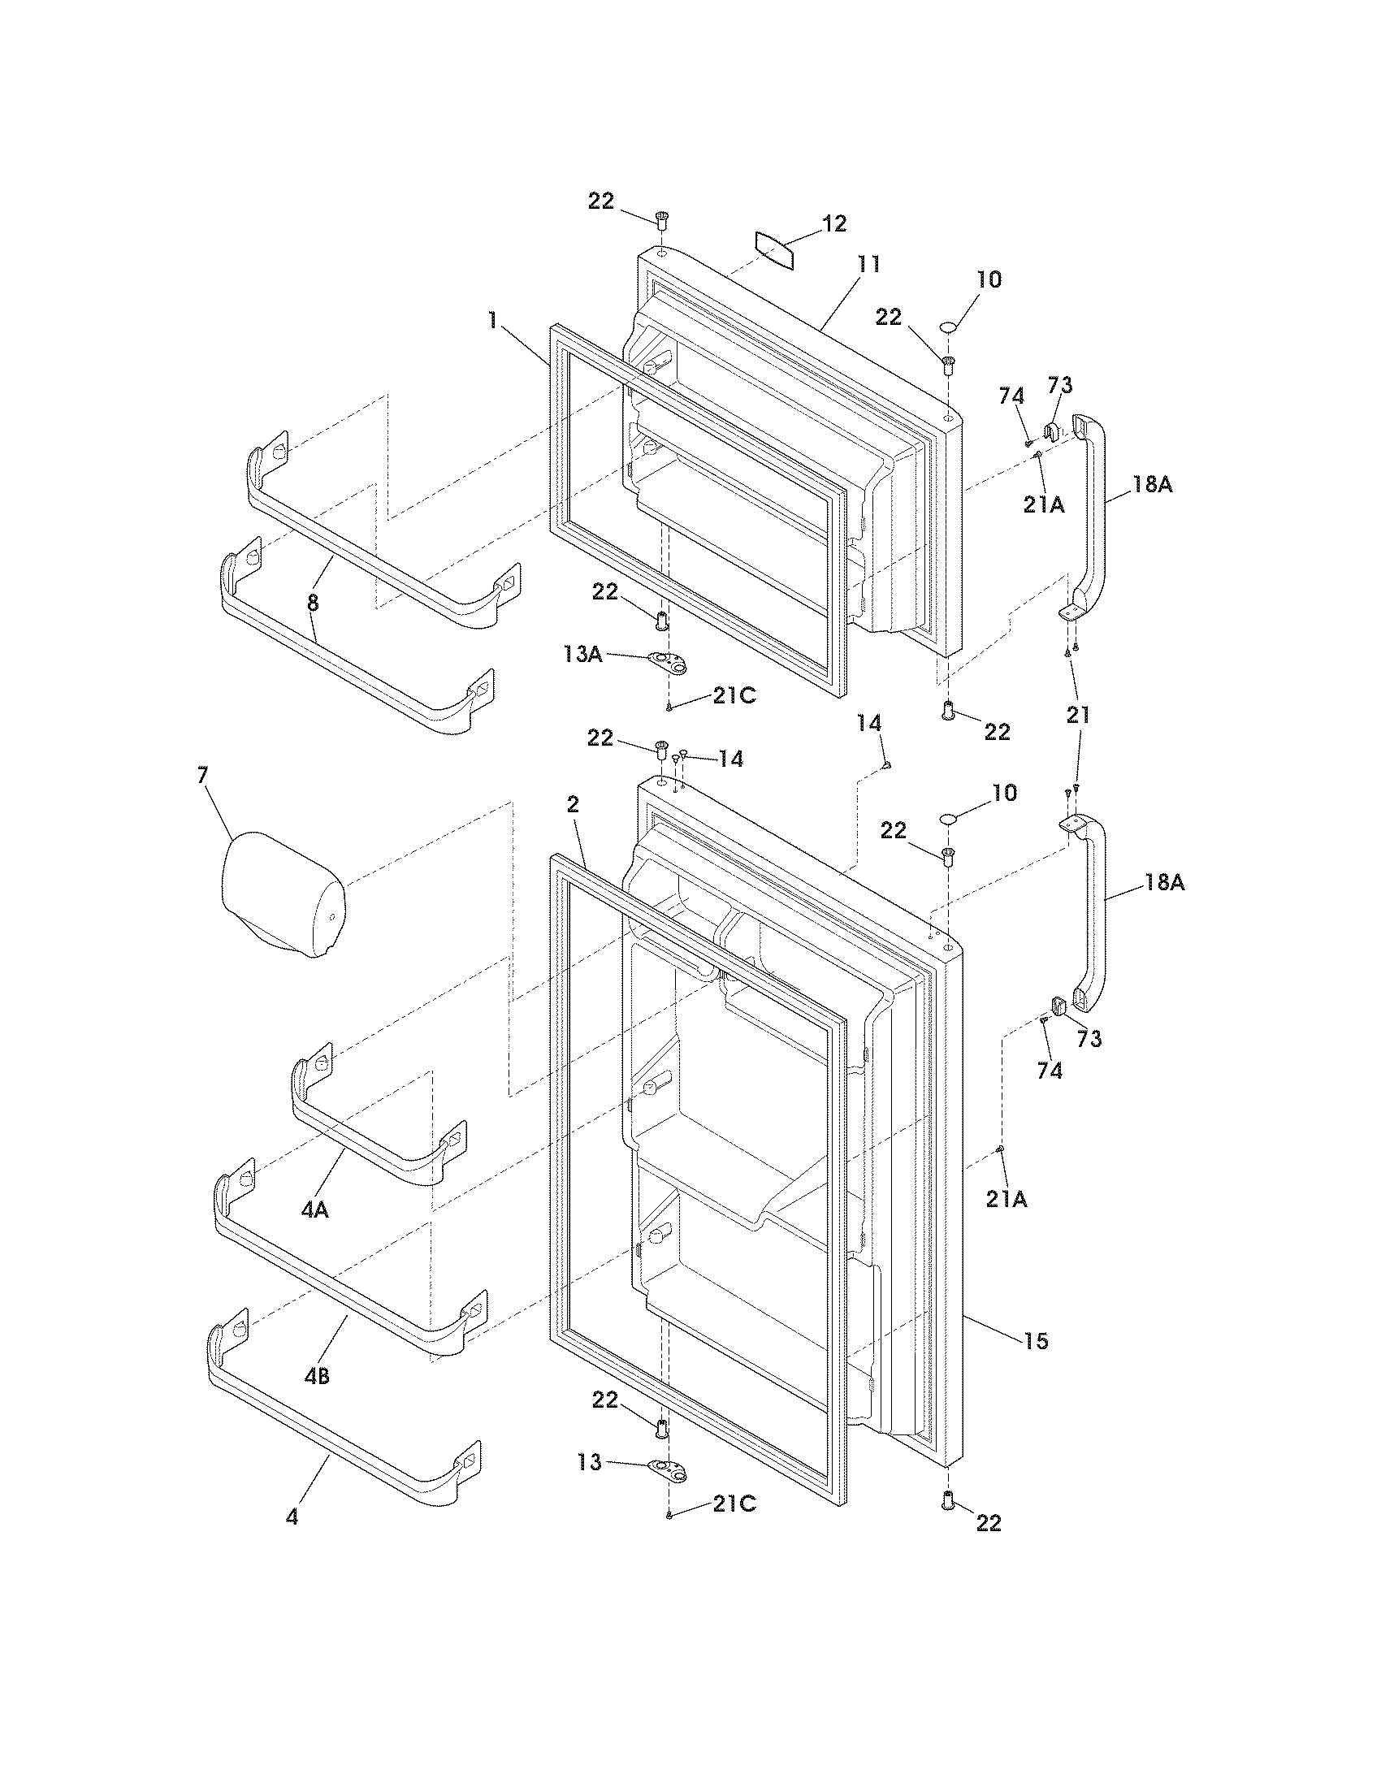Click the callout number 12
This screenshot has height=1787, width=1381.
(833, 223)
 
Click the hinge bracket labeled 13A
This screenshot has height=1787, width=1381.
(667, 661)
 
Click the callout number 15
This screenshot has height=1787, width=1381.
(1036, 1340)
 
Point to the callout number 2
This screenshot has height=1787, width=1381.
(573, 804)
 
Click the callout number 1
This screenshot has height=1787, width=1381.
(492, 320)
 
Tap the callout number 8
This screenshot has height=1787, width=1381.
(313, 603)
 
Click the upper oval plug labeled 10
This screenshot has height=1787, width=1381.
(948, 327)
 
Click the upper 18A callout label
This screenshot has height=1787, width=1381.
(1152, 484)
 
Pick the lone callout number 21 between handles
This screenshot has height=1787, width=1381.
(1078, 714)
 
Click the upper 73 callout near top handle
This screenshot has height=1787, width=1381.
(1061, 384)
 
